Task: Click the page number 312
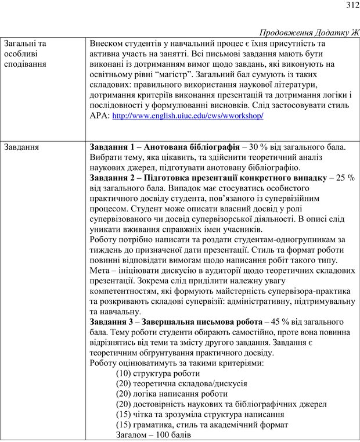pos(350,6)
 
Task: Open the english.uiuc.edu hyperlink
pos(187,116)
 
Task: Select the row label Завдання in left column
pos(21,147)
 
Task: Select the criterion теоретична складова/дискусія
pos(182,383)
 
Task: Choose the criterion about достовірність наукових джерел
pos(221,404)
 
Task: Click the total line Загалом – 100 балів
pos(153,434)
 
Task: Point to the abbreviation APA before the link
pos(99,116)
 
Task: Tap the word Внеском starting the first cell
pos(109,44)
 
